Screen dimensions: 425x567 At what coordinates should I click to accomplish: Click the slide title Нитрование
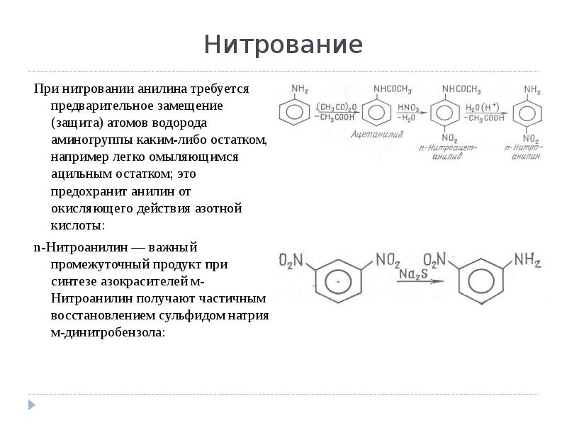pyautogui.click(x=283, y=45)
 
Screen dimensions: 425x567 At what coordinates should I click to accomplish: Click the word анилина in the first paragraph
pyautogui.click(x=167, y=89)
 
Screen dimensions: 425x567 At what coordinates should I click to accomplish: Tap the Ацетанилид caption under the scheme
pyautogui.click(x=371, y=132)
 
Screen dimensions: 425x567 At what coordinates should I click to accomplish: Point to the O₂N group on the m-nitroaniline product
pyautogui.click(x=435, y=260)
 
